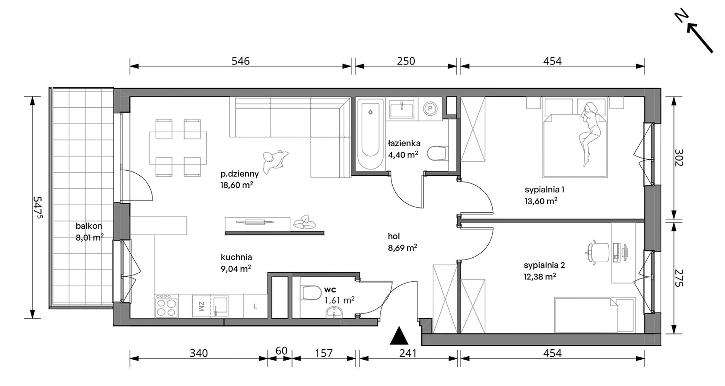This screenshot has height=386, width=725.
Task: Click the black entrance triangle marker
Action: [x=399, y=336]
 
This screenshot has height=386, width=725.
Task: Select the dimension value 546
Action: [x=240, y=61]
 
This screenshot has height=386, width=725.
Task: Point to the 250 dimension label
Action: [x=406, y=61]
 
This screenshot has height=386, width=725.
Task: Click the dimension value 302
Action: [x=678, y=157]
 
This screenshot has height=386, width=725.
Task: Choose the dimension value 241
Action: [x=408, y=354]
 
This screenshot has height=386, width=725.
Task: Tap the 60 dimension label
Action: [x=281, y=350]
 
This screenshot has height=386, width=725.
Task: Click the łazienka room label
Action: [x=404, y=144]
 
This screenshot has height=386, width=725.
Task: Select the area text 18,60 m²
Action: [x=237, y=185]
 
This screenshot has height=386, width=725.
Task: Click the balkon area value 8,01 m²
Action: [x=90, y=237]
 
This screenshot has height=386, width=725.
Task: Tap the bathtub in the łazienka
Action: [x=370, y=134]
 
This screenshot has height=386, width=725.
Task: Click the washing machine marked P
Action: [x=430, y=108]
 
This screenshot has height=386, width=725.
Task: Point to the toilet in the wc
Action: [x=311, y=294]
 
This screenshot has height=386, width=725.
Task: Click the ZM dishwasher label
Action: [x=201, y=306]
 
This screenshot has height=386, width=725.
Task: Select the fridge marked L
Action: [x=255, y=306]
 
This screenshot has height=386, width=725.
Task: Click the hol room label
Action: [x=394, y=236]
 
